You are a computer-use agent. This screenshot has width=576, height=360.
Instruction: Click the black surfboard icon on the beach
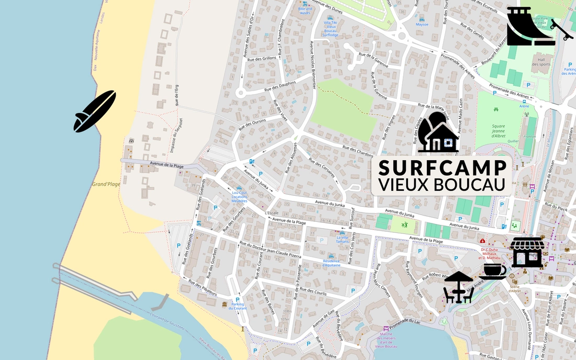pos(95,111)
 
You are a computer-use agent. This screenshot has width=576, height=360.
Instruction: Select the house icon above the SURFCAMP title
pos(438,133)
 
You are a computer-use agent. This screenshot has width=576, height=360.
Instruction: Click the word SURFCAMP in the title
pos(442,168)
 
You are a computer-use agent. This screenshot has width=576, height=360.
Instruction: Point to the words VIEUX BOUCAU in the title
pos(442,185)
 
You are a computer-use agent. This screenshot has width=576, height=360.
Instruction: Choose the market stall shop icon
pos(527,252)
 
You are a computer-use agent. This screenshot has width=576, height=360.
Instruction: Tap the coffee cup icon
pos(493,271)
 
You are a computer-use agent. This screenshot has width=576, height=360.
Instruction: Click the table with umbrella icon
pos(459,287)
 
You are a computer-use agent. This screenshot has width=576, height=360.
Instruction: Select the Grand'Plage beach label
pos(106,184)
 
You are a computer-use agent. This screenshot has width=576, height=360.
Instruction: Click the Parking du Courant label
pos(238,306)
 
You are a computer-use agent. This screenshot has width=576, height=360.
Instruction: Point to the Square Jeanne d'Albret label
pos(499,131)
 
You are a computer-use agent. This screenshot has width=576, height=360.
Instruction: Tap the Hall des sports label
pos(541,62)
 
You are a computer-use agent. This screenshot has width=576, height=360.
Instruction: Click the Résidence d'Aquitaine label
pos(331,263)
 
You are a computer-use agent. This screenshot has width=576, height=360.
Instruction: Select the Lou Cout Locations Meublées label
pos(239,197)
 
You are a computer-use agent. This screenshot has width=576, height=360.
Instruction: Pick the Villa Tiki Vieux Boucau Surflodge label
pos(330,29)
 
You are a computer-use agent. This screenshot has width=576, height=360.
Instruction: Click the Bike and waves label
pos(305,10)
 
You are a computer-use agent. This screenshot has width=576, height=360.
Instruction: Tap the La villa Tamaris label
pos(342,239)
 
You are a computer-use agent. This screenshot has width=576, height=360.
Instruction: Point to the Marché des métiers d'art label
pos(386,340)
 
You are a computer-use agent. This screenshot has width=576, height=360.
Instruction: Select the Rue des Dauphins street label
pos(280,87)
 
